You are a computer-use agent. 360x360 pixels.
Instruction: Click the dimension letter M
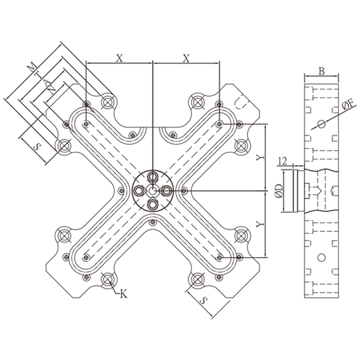[32, 67]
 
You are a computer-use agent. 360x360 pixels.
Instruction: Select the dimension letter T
[38, 75]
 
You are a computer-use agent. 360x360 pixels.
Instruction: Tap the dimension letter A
[47, 82]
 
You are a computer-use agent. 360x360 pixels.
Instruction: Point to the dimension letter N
[52, 90]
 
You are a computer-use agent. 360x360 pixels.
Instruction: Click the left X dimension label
[119, 58]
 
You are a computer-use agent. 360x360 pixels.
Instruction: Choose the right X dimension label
[186, 58]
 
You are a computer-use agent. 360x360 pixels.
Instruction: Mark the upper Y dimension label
[261, 157]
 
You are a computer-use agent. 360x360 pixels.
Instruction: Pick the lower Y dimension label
[261, 224]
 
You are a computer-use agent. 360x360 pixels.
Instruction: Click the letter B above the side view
[321, 71]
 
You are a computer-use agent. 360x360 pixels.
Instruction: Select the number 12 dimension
[282, 161]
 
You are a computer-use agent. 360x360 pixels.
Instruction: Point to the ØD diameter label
[279, 191]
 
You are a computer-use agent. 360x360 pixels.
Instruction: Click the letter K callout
[123, 293]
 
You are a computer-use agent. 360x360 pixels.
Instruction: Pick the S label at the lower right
[203, 300]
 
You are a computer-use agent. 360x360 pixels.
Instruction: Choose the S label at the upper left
[37, 147]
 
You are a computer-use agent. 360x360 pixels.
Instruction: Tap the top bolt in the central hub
[153, 177]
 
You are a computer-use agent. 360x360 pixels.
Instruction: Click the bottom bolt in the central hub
[153, 205]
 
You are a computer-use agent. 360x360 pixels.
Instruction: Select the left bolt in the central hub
[139, 191]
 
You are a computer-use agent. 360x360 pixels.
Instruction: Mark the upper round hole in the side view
[321, 124]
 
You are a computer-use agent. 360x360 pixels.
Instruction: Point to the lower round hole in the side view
[321, 257]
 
